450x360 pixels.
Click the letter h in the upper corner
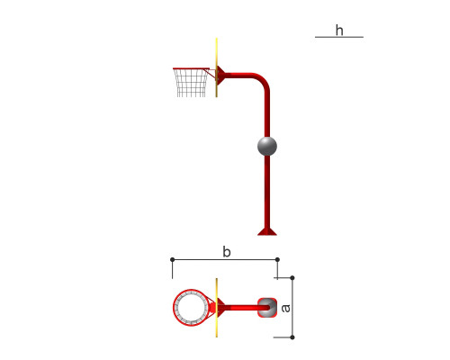click(339, 31)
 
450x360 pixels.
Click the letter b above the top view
click(227, 252)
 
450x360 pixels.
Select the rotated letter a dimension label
click(286, 308)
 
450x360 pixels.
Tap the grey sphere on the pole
click(267, 146)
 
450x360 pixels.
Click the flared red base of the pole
click(267, 231)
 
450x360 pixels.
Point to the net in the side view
click(191, 83)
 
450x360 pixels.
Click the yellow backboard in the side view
click(216, 67)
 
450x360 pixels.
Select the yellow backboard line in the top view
click(216, 308)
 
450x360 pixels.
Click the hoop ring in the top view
click(174, 308)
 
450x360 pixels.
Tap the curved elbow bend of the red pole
click(263, 79)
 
